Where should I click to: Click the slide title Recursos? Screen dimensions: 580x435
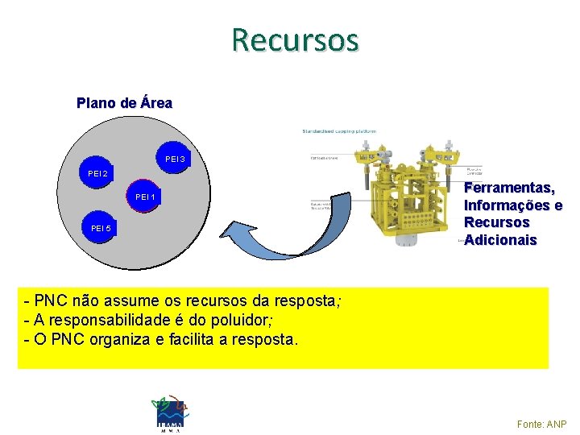(x=294, y=39)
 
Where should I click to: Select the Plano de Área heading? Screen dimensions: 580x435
(x=124, y=103)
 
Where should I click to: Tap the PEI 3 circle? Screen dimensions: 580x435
(x=175, y=159)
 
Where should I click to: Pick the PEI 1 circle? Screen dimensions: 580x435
(x=145, y=197)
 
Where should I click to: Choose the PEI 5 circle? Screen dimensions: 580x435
(x=101, y=230)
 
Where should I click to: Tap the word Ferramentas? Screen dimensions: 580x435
(x=509, y=188)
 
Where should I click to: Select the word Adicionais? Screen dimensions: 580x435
(x=501, y=240)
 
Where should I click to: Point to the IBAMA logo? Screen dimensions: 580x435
(x=169, y=412)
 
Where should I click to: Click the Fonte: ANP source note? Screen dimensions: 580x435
(x=541, y=424)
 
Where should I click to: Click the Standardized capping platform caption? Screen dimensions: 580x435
(x=338, y=131)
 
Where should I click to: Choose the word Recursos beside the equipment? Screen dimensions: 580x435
(x=497, y=222)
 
